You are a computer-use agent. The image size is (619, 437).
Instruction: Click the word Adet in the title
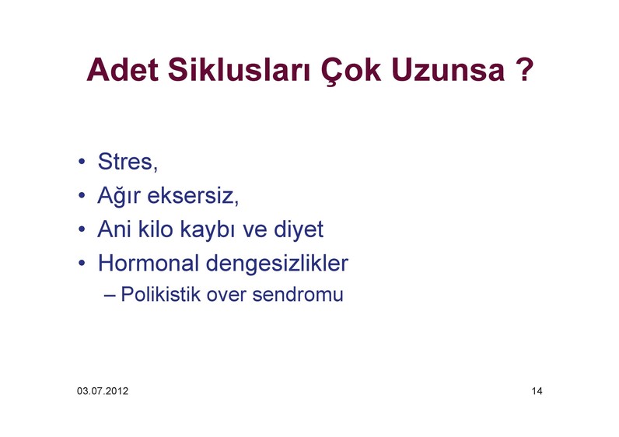(x=122, y=70)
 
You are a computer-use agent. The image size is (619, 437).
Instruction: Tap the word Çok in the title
(x=351, y=71)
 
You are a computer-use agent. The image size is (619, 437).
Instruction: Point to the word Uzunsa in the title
(x=448, y=70)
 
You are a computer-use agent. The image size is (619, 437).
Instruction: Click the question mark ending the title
(x=524, y=70)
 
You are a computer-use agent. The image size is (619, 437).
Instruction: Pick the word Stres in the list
(x=125, y=162)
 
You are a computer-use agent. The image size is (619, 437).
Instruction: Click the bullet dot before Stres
(x=82, y=161)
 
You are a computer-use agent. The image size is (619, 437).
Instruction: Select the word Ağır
(x=119, y=195)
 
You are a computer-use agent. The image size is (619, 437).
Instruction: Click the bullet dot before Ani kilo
(x=82, y=229)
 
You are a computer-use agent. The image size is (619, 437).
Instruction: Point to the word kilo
(x=156, y=229)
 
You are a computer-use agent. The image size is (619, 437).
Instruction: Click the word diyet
(x=299, y=229)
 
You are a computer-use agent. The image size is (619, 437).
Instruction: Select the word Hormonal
(x=149, y=263)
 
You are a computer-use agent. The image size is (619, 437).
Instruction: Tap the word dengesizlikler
(x=277, y=264)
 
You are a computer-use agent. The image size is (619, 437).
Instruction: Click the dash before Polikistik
(x=110, y=295)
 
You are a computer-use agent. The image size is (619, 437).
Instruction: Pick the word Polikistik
(x=161, y=295)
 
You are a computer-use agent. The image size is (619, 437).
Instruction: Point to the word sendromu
(x=298, y=295)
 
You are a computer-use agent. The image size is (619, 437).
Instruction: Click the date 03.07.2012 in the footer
(x=103, y=391)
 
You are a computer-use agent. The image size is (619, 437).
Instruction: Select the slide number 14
(x=537, y=391)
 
